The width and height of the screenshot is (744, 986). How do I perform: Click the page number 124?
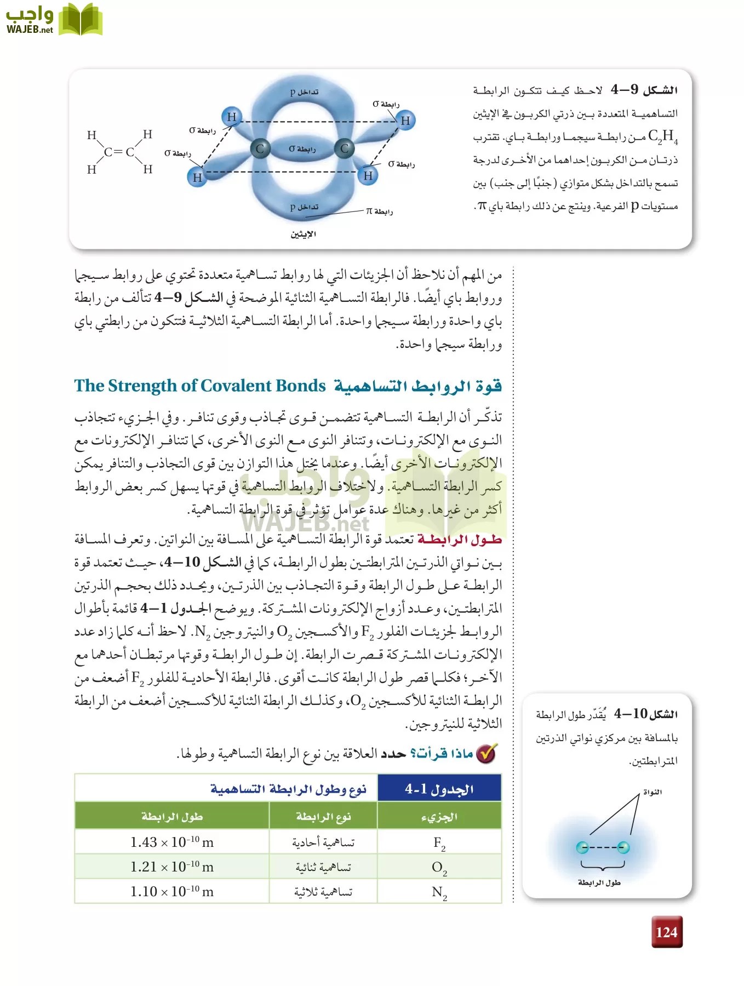(x=666, y=932)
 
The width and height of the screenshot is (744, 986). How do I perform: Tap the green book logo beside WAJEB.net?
(x=81, y=19)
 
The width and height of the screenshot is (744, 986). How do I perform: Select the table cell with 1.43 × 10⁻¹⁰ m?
(x=172, y=842)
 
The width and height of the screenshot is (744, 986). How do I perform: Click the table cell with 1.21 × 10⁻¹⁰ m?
(x=172, y=867)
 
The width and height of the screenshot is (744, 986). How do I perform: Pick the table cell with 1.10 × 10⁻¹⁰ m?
(x=172, y=891)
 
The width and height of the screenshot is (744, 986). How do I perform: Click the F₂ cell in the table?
(x=439, y=842)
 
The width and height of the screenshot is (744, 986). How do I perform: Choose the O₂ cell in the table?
(x=439, y=867)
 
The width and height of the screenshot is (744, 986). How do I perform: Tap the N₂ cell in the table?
(x=439, y=892)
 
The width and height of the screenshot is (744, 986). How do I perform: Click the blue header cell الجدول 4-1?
(x=439, y=789)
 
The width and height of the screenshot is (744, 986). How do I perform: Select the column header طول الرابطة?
(x=172, y=817)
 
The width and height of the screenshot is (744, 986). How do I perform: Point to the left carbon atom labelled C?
(x=260, y=148)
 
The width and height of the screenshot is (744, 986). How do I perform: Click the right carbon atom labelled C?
(x=345, y=148)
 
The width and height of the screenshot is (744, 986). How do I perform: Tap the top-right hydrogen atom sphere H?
(x=405, y=121)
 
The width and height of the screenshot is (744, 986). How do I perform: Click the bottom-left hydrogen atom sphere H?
(x=197, y=177)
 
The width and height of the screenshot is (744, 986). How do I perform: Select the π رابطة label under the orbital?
(x=379, y=211)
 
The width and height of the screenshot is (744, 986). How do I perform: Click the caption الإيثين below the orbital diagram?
(x=303, y=234)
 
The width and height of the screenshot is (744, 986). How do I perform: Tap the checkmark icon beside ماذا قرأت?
(x=486, y=754)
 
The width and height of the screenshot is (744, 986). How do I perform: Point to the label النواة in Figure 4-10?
(x=652, y=792)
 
